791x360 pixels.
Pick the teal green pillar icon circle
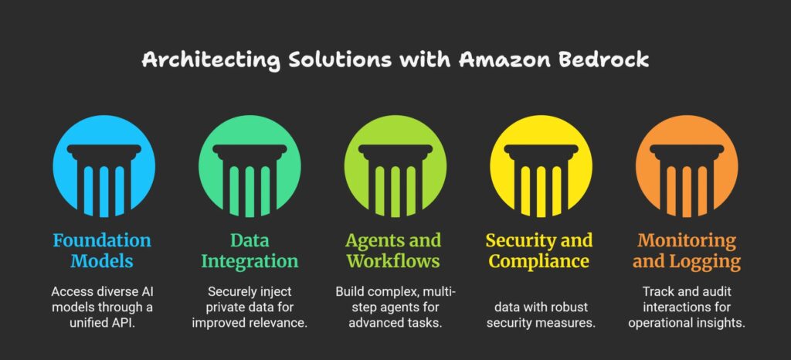250,167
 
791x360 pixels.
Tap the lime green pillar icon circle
395,167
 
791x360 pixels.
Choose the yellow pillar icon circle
541,167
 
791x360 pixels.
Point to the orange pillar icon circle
687,167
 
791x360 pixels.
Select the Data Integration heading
250,250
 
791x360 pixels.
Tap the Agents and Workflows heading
395,250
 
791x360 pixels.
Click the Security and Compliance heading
541,250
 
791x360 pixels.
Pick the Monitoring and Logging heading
687,250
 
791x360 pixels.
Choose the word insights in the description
722,322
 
